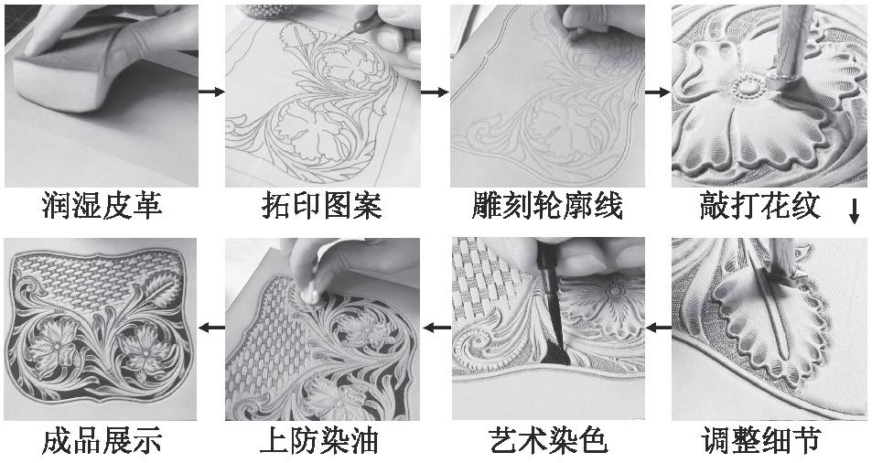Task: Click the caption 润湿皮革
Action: tap(102, 207)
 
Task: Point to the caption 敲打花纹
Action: tap(767, 207)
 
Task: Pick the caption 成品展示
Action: tap(102, 442)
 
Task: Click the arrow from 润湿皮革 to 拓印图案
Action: tap(211, 92)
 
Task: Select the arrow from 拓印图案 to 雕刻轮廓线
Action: tap(435, 92)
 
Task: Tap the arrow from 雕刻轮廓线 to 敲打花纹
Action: tap(657, 92)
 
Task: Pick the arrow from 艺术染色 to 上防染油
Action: tap(435, 327)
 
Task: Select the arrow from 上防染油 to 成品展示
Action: tap(211, 327)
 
